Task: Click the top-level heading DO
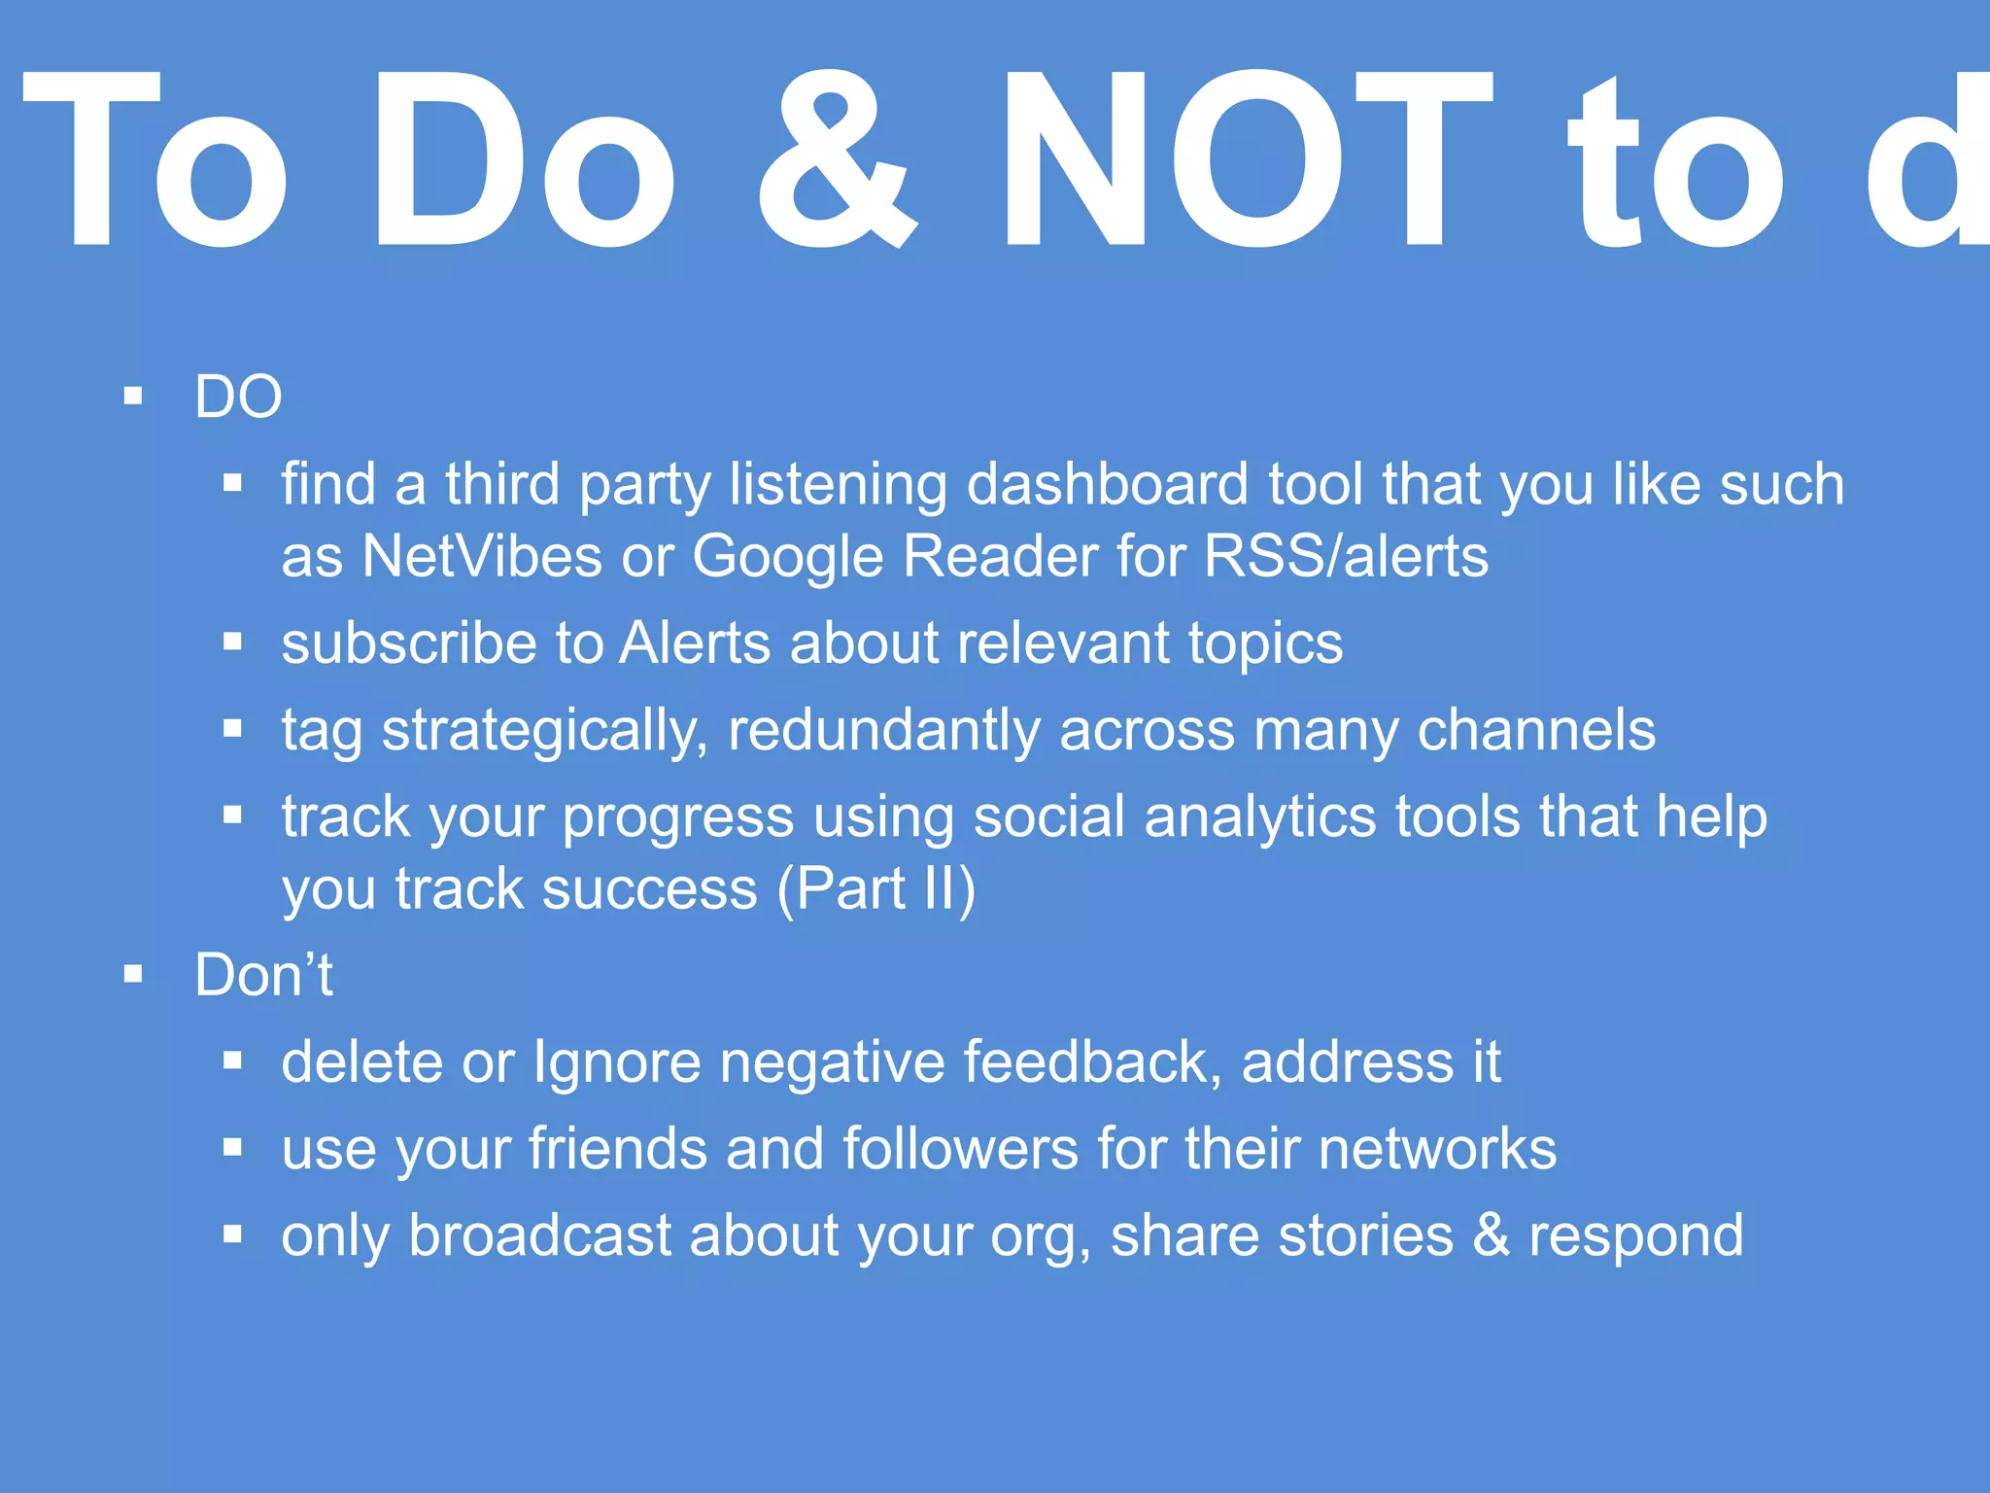(x=238, y=397)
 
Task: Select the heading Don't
(x=263, y=975)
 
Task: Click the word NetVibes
(x=482, y=556)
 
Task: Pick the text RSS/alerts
(x=1346, y=556)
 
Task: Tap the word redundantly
(x=884, y=731)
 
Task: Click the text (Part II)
(x=875, y=889)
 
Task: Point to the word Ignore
(x=617, y=1062)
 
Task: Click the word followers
(x=961, y=1149)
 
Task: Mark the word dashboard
(x=1108, y=484)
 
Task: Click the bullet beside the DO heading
(x=134, y=397)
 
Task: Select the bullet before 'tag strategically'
(x=232, y=729)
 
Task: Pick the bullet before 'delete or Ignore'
(x=232, y=1060)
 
